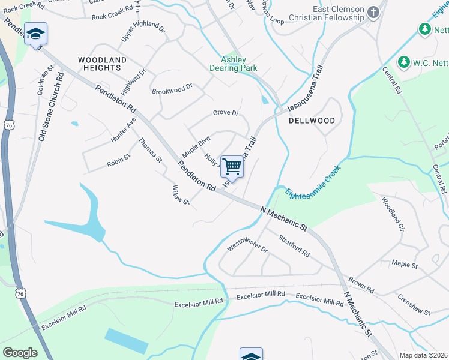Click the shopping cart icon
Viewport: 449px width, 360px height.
232,166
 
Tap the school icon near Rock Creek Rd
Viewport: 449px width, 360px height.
35,34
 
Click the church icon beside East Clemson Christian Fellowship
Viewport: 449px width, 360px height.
373,13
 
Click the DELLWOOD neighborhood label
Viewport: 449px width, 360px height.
312,121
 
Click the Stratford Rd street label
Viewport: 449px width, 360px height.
294,245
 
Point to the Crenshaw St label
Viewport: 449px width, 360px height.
414,304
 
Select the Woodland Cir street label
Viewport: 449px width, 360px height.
393,213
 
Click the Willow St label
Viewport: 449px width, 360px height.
180,195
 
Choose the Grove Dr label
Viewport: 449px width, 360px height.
226,113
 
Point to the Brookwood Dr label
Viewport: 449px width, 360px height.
172,89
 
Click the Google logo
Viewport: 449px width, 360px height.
20,353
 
